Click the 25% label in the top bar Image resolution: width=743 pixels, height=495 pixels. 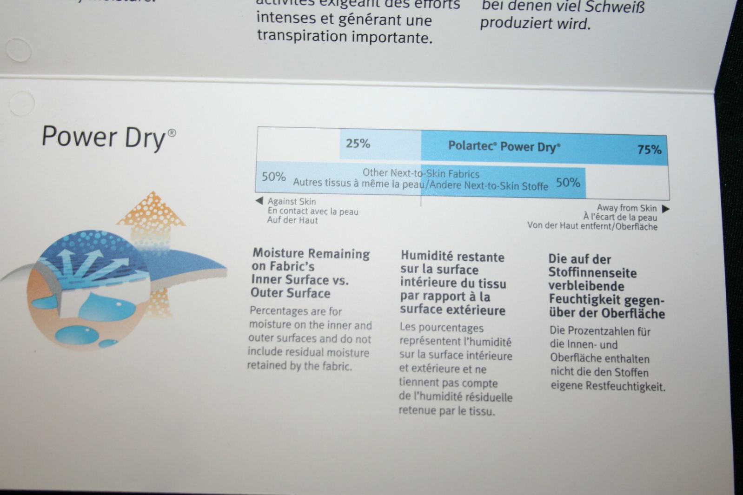(358, 143)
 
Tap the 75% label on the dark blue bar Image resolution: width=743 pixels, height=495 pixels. (650, 150)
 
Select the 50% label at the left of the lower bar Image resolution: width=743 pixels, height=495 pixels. (274, 176)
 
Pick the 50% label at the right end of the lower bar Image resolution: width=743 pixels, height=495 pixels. (568, 182)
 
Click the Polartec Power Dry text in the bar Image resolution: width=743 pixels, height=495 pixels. (504, 146)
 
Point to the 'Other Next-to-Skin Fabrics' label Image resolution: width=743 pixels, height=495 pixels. (421, 173)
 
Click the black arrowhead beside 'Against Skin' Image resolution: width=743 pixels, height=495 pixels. (259, 201)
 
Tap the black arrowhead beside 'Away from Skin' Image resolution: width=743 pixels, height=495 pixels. (666, 209)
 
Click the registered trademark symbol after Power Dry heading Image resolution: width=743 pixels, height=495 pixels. (172, 133)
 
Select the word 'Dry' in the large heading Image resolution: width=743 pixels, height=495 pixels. (145, 138)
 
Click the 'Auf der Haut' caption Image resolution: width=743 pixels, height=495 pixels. (292, 220)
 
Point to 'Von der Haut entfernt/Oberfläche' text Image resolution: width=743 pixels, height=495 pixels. (592, 226)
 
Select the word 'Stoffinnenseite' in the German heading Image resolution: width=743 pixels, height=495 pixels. (592, 273)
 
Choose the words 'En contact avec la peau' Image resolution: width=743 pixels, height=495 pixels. (313, 211)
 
